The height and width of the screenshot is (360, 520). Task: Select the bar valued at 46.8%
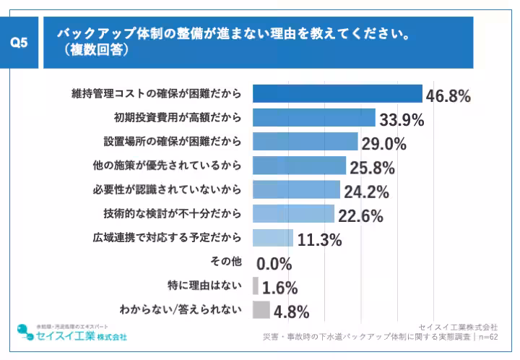coord(337,94)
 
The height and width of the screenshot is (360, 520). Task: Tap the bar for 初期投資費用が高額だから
coord(314,118)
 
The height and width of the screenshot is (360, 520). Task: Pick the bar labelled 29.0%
coord(305,142)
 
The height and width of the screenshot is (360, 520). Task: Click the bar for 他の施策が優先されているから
coord(300,166)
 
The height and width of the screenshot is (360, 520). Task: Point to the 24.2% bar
coord(297,189)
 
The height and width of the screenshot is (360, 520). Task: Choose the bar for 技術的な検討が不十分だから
coord(294,213)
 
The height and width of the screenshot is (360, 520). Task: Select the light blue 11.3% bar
coord(273,238)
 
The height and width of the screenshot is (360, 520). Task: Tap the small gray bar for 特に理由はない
coord(256,286)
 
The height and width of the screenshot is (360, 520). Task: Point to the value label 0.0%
coord(274,264)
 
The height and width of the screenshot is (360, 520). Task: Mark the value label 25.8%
coord(372,168)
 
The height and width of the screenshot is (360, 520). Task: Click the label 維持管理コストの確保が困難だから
coord(156,94)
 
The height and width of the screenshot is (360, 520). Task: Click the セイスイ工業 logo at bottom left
coord(72,333)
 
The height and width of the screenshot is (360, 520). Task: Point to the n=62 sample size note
coord(488,337)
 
